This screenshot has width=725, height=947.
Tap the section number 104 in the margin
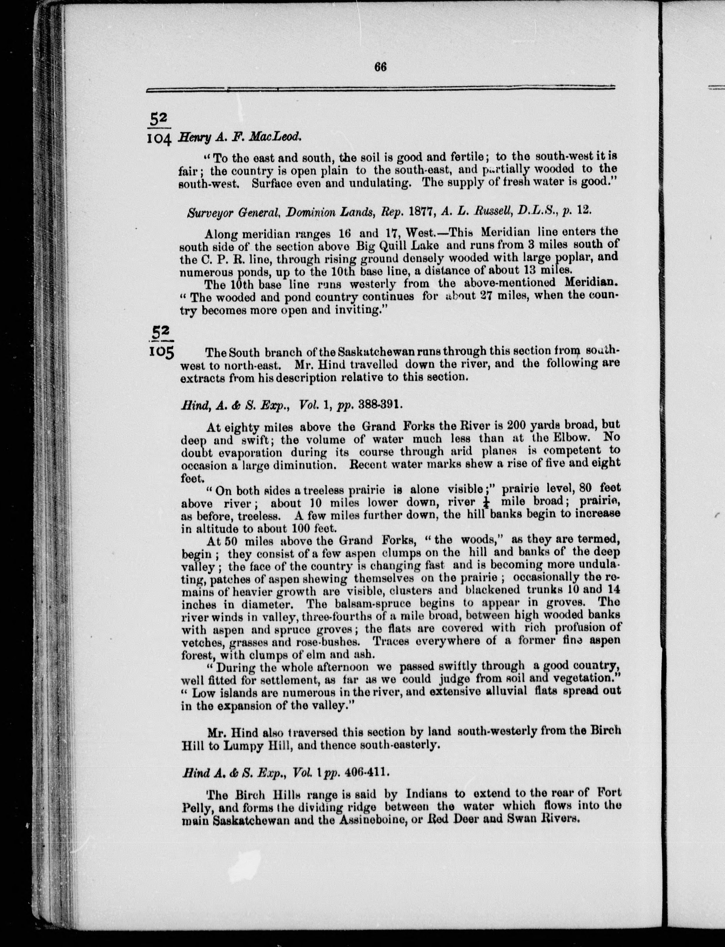[159, 138]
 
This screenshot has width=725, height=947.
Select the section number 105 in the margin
[160, 352]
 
